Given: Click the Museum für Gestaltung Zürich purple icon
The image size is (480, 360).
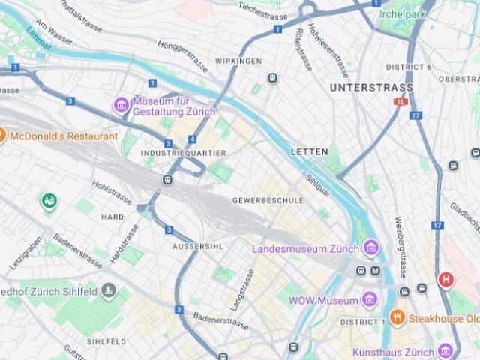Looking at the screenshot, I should (x=121, y=105).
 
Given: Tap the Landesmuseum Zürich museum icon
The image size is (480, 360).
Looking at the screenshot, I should (x=369, y=247).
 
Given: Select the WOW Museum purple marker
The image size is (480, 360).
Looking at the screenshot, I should (x=368, y=300).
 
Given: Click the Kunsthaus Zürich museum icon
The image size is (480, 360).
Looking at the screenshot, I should (x=445, y=351).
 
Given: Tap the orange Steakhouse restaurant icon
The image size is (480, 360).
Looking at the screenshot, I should (x=397, y=317).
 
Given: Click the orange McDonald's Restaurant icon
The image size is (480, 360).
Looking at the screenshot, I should (x=2, y=136).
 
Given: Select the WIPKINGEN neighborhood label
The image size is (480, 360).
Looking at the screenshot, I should (x=238, y=60).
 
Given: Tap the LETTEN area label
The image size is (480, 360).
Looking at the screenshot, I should (x=309, y=151).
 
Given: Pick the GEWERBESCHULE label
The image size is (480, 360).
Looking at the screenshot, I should (x=268, y=201).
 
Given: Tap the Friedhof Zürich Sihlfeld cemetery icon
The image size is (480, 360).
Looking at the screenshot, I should (x=109, y=291).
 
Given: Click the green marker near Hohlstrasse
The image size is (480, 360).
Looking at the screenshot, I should (x=49, y=201).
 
